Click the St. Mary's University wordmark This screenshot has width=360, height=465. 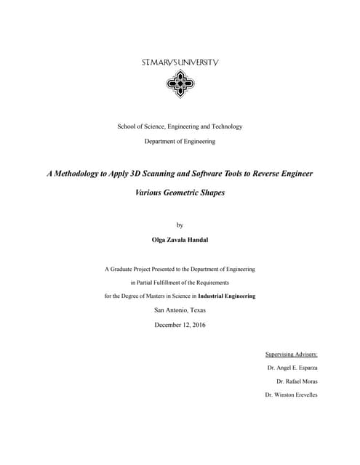click(180, 63)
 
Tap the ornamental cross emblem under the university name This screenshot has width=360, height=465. click(180, 85)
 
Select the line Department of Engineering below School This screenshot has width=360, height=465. click(180, 141)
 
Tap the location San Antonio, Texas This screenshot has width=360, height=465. click(180, 310)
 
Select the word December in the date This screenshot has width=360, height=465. click(168, 324)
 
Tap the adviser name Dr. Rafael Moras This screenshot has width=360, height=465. click(297, 381)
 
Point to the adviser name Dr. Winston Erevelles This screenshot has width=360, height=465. click(292, 395)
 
